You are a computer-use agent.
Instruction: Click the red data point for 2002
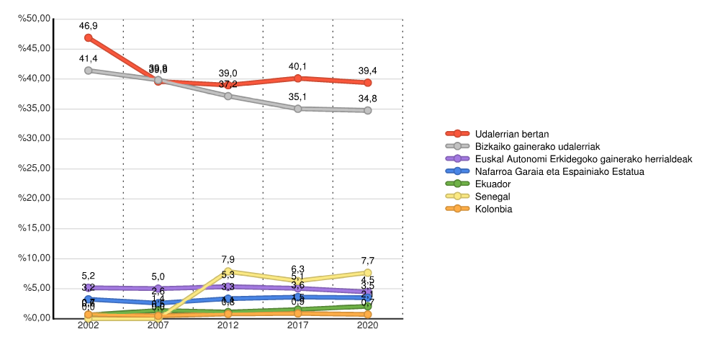pos(89,37)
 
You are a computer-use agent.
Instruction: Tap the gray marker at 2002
pos(89,71)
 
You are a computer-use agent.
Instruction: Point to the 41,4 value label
pos(89,58)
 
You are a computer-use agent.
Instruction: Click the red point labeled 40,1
pos(298,78)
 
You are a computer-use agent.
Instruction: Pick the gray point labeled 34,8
pos(368,110)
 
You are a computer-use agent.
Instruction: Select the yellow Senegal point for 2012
pos(228,271)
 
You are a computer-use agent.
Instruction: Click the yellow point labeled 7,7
pos(368,273)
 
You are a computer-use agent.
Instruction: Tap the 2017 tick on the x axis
pos(298,325)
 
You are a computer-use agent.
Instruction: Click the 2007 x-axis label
pos(158,325)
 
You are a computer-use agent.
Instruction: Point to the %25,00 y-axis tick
pos(36,168)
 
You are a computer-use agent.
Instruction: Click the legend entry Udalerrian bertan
pos(512,134)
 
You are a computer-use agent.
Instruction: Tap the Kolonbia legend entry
pos(494,209)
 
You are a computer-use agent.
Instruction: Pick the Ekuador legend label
pos(492,184)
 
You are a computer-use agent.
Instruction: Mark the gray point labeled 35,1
pos(298,109)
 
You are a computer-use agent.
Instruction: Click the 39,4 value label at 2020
pos(368,70)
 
